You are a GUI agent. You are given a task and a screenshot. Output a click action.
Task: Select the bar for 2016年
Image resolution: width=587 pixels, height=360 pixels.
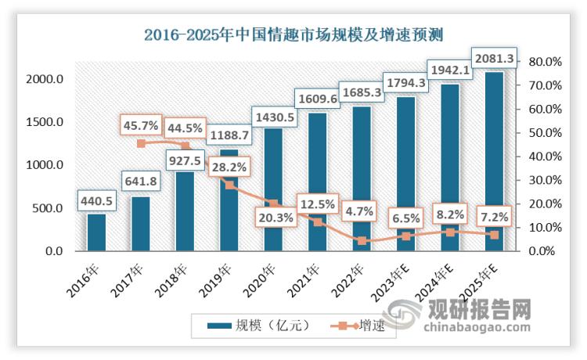(x=96, y=232)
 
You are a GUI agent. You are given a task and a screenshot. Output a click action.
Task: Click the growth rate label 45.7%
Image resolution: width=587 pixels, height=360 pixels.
(x=141, y=124)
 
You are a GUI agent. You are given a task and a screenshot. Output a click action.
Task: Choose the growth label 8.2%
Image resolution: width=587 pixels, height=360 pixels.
(x=449, y=211)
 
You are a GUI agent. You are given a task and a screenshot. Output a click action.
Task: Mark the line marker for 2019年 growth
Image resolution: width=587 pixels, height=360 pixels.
(x=229, y=185)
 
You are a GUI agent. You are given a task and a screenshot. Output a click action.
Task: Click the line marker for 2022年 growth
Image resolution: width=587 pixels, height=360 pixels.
(x=362, y=240)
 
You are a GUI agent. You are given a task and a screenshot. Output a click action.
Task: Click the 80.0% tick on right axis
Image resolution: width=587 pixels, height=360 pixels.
(x=545, y=61)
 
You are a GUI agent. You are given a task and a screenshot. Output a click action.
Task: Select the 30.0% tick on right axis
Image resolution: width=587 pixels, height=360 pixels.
(x=545, y=180)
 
